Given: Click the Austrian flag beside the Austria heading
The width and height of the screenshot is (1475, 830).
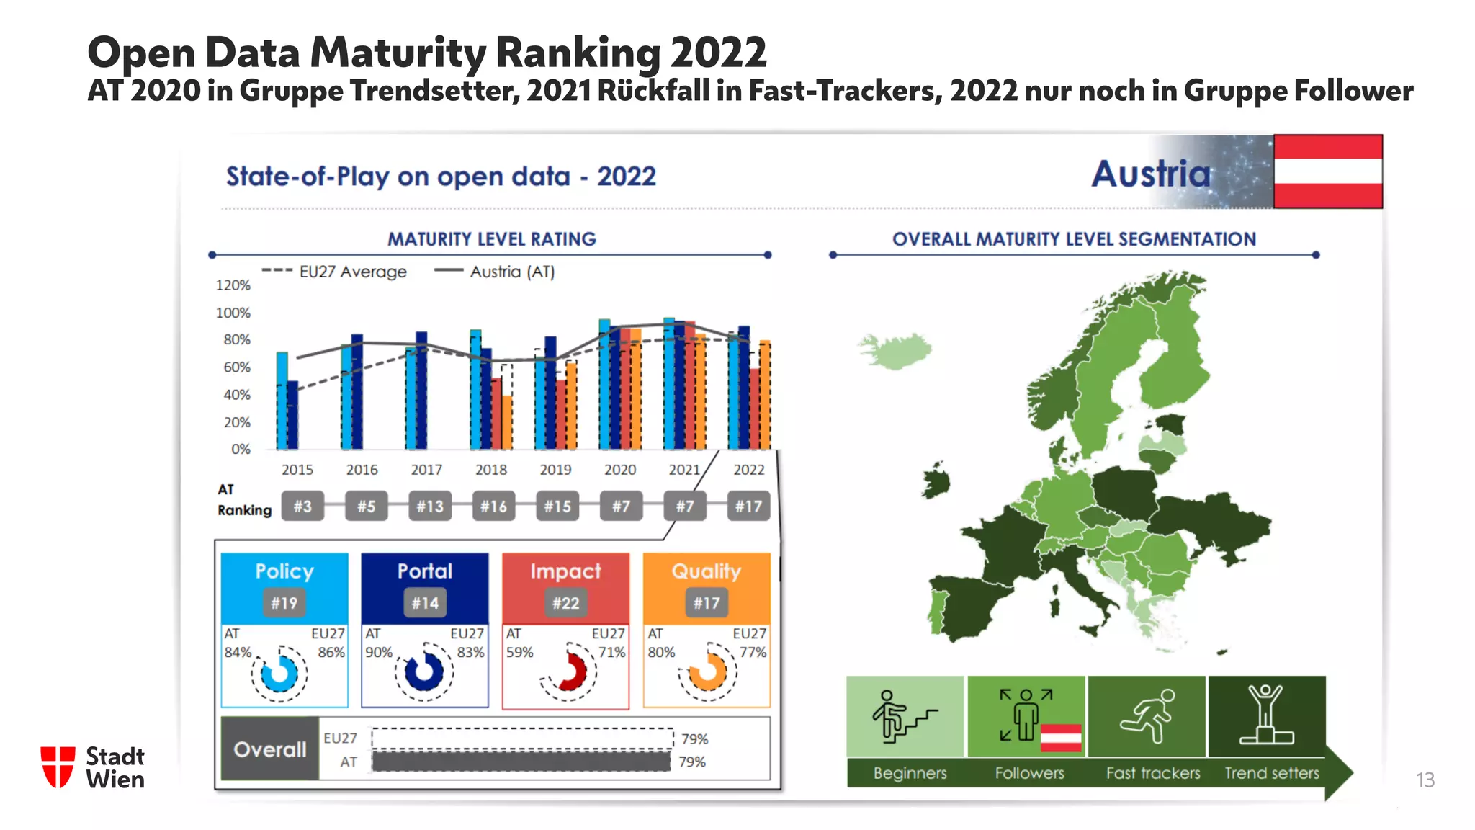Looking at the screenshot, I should click(1327, 171).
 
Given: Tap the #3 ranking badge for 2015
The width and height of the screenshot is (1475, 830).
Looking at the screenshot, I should click(302, 507).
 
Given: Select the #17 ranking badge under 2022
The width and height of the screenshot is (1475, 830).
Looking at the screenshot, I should click(748, 507).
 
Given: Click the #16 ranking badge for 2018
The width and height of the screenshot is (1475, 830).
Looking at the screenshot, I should click(493, 507).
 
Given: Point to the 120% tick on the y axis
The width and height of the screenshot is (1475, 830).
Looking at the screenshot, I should click(233, 285).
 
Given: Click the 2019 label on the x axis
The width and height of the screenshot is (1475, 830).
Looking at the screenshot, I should click(555, 470).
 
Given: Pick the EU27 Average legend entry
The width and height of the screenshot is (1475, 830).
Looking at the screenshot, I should click(335, 272).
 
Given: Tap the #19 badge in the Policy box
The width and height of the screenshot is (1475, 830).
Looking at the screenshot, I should click(284, 603).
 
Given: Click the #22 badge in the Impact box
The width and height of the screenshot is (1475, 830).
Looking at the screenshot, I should click(565, 603).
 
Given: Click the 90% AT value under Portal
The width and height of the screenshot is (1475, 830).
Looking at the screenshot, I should click(379, 652).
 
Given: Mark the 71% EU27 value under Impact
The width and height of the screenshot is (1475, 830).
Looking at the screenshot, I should click(611, 652).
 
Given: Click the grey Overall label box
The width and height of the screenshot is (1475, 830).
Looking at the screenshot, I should click(270, 749).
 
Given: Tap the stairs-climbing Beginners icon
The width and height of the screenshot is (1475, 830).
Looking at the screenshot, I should click(905, 716).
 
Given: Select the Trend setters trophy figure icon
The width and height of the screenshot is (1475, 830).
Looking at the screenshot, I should click(1266, 716).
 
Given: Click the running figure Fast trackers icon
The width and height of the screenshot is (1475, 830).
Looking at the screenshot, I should click(1147, 716).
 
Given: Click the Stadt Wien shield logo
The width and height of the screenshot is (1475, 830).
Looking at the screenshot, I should click(58, 767).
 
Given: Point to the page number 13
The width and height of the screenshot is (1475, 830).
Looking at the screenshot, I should click(1425, 780).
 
